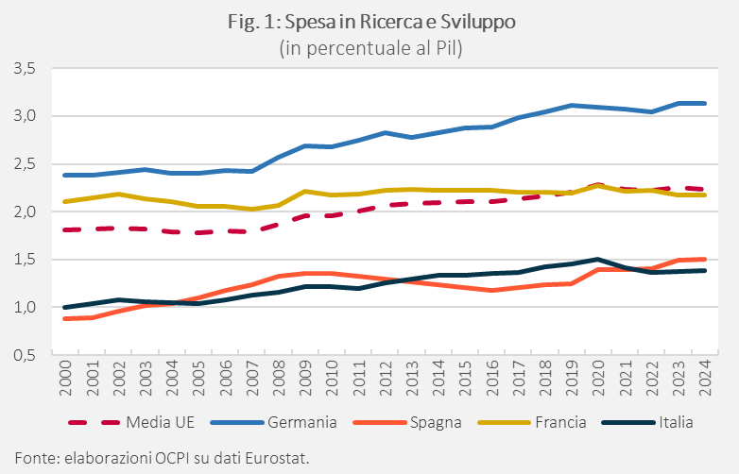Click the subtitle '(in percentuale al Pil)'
pos(369,49)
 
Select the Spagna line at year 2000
pos(65,318)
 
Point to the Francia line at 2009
pos(303,191)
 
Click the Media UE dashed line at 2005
pos(198,232)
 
